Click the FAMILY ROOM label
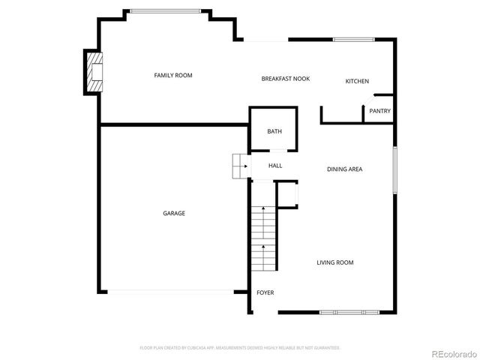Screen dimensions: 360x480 (173, 75)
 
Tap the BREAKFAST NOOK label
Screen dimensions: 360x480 (285, 79)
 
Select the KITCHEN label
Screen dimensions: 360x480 (357, 81)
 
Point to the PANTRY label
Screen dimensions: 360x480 (379, 111)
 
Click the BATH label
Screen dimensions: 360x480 (274, 132)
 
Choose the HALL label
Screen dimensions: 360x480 (275, 165)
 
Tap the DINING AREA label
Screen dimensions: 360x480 (344, 169)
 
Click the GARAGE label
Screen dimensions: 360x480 (174, 213)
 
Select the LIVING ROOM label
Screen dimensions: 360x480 (334, 262)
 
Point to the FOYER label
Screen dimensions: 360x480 (265, 292)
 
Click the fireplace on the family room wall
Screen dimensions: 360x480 (93, 71)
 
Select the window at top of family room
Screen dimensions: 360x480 (165, 10)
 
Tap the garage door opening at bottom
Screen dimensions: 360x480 (170, 292)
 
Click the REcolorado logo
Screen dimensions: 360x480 (448, 353)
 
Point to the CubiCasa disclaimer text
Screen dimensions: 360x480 (240, 348)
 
